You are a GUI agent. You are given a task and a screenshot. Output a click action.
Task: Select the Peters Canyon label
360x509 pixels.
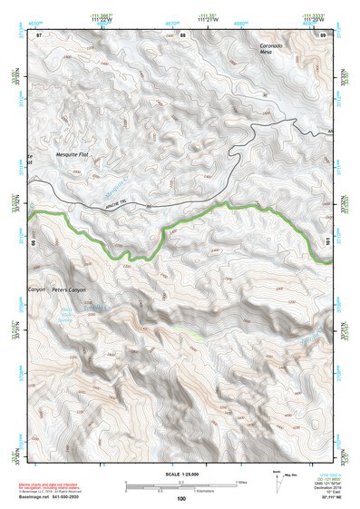[73, 290]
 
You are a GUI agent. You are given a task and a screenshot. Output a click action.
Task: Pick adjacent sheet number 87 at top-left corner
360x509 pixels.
[39, 35]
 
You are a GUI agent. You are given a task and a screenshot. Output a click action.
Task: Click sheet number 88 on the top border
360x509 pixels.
[182, 35]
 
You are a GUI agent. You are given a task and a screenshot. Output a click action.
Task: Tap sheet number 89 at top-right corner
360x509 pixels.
[323, 35]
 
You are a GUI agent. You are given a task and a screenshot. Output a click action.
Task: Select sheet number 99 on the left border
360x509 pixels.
[35, 243]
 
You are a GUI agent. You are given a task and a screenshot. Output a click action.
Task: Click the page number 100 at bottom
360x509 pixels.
[181, 498]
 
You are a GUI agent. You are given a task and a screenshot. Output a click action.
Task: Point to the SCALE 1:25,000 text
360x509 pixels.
[181, 474]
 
